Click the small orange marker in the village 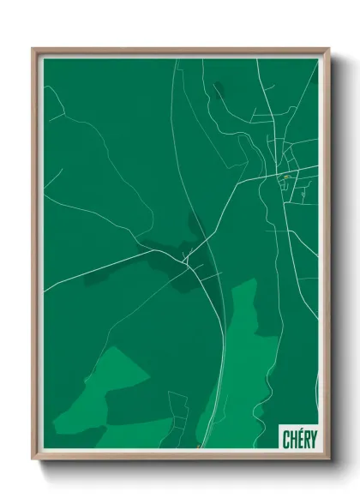click(285, 177)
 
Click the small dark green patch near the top click(219, 88)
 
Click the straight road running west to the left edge click(86, 274)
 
